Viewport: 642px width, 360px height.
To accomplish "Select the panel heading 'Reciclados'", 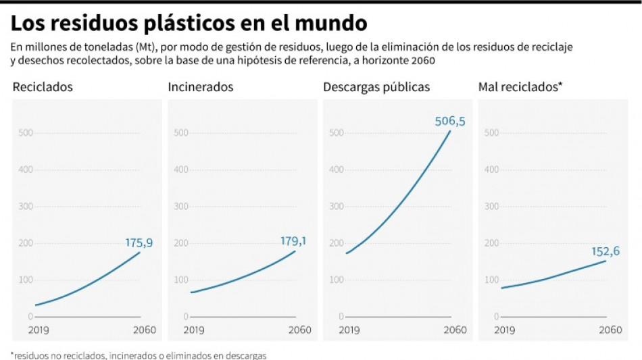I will (x=43, y=87).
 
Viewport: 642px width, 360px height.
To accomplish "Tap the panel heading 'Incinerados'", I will (x=201, y=87).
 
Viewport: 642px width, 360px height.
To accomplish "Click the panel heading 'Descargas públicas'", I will (x=376, y=87).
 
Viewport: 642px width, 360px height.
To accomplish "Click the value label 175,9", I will (x=139, y=242).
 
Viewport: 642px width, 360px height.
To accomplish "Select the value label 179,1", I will (x=294, y=240).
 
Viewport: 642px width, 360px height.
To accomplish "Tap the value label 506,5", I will (x=449, y=121).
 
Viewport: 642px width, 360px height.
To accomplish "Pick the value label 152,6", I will (x=606, y=251).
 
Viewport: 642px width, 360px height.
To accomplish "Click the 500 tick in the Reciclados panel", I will (x=26, y=132).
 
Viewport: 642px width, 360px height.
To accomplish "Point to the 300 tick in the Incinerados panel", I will (x=180, y=206).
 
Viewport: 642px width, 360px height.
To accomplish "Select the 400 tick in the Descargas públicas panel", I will (x=336, y=169).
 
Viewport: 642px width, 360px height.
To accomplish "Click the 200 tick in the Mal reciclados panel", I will (x=491, y=242).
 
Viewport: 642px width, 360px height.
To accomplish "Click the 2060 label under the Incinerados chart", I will (x=299, y=330).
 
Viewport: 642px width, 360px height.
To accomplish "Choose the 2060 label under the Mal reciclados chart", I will (x=610, y=330).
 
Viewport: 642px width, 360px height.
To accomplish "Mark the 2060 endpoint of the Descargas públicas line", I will (x=451, y=130).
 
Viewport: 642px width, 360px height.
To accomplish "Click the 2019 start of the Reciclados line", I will (x=35, y=305).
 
